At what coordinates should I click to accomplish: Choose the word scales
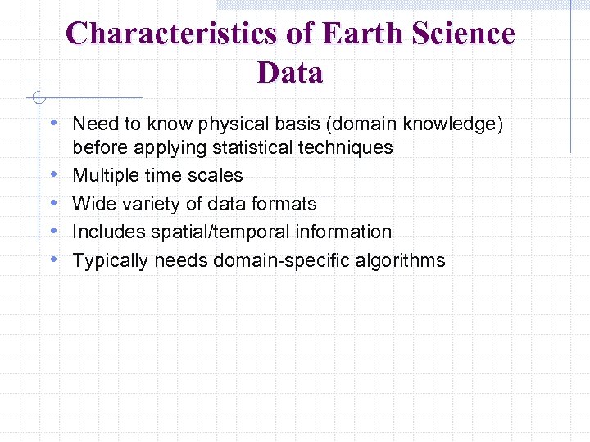(x=216, y=176)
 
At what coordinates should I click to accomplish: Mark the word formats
(x=284, y=204)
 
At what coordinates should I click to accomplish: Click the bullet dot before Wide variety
(x=53, y=204)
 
